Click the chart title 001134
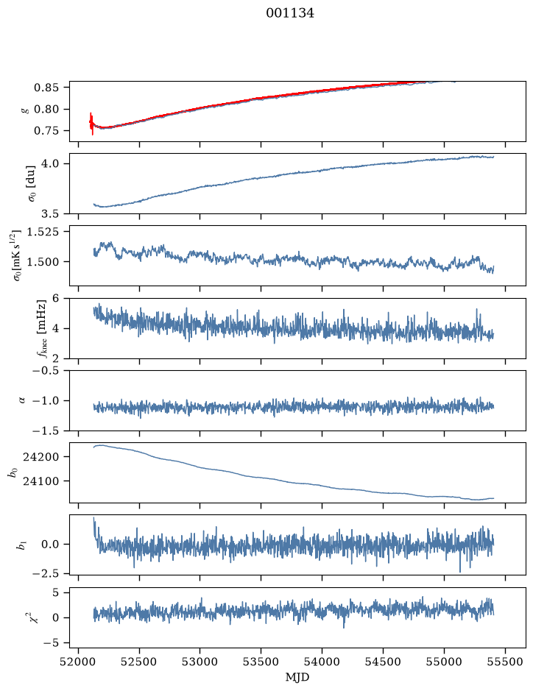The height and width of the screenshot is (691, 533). (x=290, y=13)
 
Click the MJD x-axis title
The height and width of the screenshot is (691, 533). (x=297, y=677)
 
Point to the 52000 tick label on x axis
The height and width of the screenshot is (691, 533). (x=79, y=662)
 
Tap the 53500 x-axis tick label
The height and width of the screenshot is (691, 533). (x=261, y=662)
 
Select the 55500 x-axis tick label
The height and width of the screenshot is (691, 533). (x=505, y=662)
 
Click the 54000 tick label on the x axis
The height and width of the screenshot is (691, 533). (x=322, y=662)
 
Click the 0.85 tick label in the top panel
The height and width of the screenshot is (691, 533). (x=46, y=88)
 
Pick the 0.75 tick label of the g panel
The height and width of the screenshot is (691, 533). (x=46, y=131)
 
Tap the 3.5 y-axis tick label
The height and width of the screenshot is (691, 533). (x=50, y=213)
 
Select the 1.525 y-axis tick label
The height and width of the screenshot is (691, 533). (x=43, y=231)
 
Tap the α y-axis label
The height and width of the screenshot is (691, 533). (x=22, y=400)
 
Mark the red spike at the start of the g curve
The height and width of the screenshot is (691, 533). (x=91, y=124)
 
